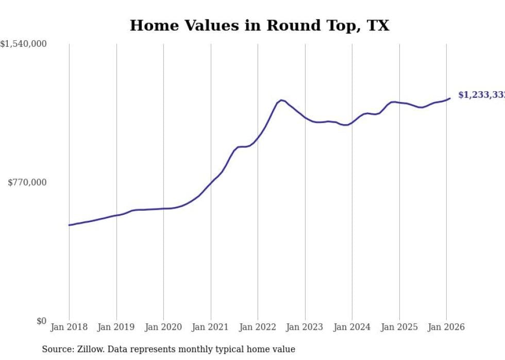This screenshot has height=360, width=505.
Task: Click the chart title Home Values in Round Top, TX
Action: click(x=259, y=25)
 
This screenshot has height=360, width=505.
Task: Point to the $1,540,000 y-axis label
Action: click(x=24, y=44)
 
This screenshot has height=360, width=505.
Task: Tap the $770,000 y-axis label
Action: click(x=27, y=182)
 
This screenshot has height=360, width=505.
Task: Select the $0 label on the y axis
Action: click(x=41, y=321)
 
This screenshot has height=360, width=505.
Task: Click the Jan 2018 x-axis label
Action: click(x=69, y=328)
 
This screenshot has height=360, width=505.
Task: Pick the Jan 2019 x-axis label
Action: click(x=116, y=328)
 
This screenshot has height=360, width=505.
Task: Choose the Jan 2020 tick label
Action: click(x=163, y=328)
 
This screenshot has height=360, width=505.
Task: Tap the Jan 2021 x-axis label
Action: click(x=211, y=328)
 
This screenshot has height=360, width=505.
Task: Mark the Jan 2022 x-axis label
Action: click(x=258, y=328)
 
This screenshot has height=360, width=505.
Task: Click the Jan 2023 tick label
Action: click(x=305, y=328)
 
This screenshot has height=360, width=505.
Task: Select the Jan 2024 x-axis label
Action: click(x=352, y=328)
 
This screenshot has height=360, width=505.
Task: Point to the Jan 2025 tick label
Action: click(x=399, y=328)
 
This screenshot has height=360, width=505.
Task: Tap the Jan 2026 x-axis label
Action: click(x=446, y=328)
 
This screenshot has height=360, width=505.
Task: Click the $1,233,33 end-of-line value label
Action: click(x=481, y=95)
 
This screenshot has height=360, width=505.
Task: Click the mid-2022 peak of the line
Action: click(x=281, y=100)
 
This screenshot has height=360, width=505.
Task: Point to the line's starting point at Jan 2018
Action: click(x=69, y=225)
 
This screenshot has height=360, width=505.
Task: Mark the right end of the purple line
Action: click(x=450, y=98)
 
